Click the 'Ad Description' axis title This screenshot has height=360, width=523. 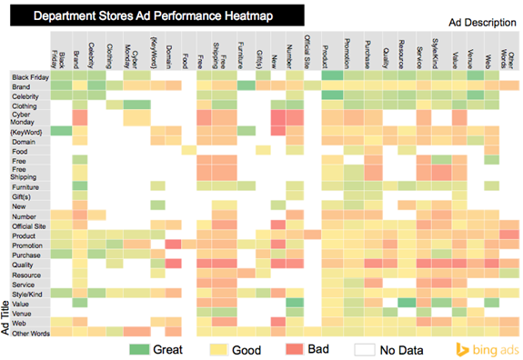click(481, 22)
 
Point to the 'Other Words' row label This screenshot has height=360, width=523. click(29, 333)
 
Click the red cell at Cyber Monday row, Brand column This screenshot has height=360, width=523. click(80, 118)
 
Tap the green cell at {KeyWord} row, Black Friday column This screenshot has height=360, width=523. click(60, 131)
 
